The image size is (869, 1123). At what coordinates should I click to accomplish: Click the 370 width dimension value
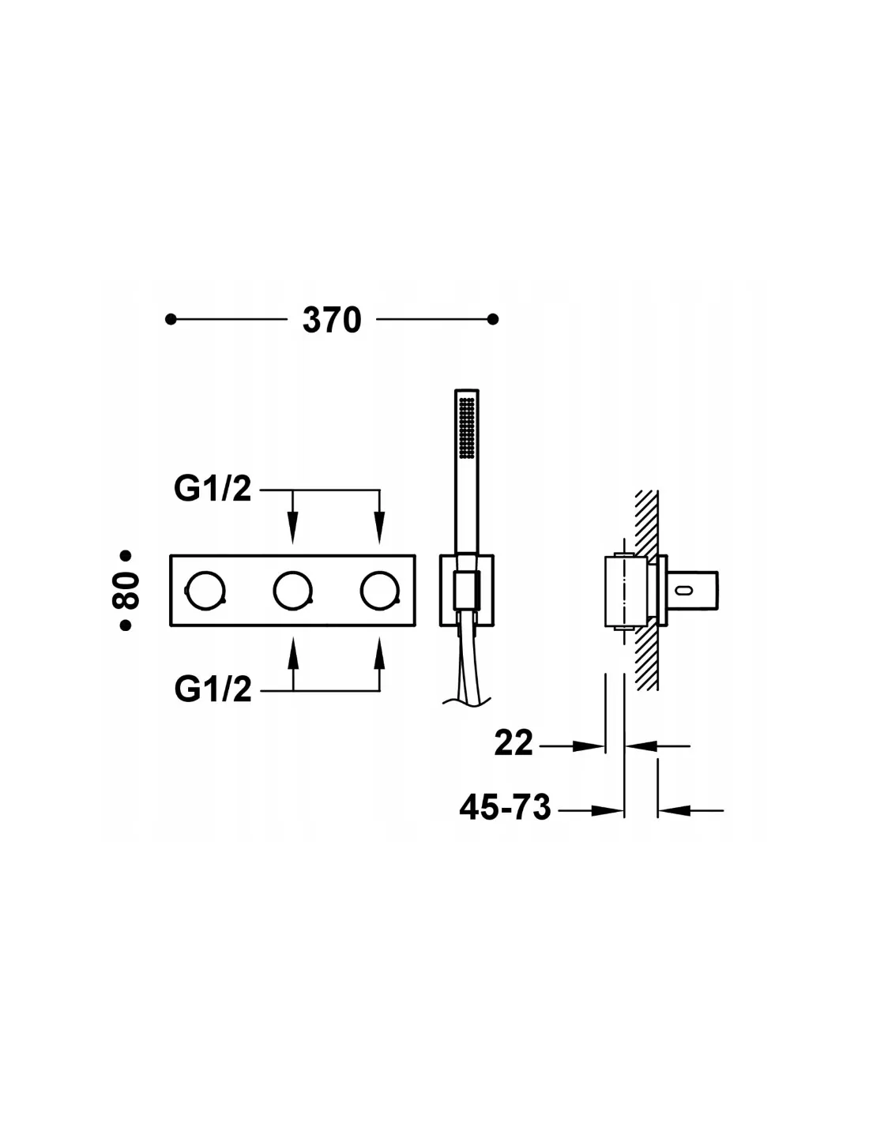pos(331,321)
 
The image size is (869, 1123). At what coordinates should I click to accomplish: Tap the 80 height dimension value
pos(126,590)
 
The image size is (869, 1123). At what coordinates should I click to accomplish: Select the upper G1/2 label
pos(213,489)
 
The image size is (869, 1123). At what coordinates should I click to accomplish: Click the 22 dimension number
pos(513,744)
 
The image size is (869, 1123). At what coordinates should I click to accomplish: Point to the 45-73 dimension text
pos(505,807)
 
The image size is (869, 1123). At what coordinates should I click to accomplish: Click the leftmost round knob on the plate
pos(205,591)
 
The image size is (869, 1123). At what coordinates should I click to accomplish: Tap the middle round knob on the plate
pos(292,591)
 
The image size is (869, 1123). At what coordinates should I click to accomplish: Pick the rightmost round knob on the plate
pos(380,591)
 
